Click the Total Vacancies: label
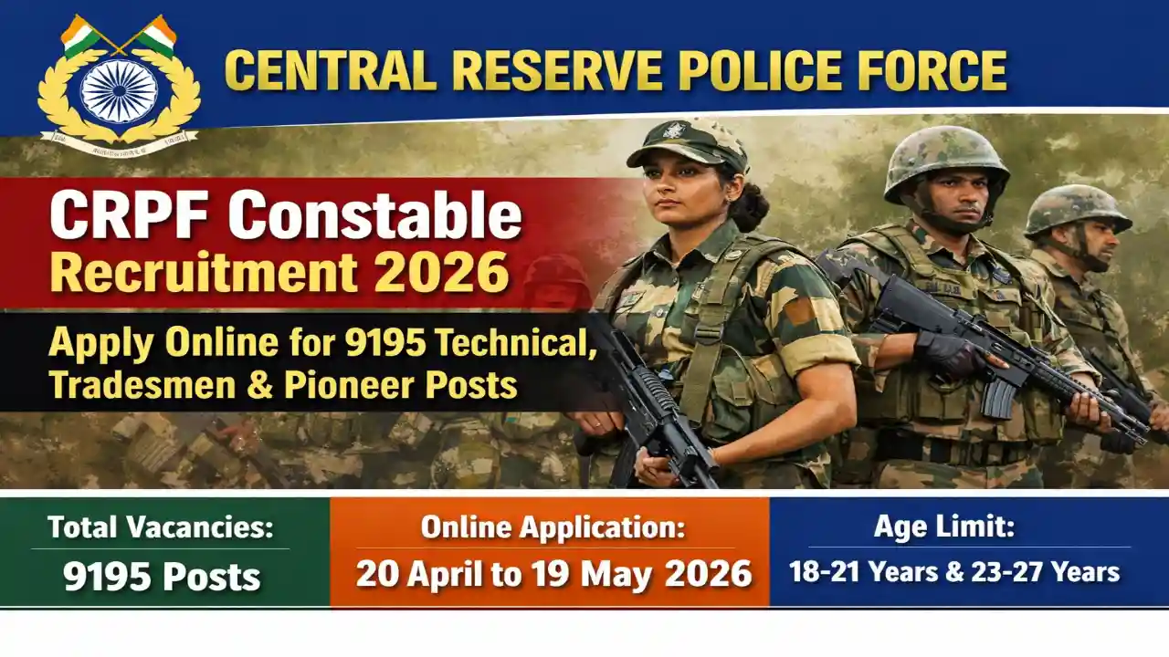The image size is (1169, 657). pos(161,527)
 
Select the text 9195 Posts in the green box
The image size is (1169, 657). pos(162,577)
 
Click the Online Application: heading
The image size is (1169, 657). pos(553,527)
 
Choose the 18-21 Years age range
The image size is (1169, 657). pos(849,572)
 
